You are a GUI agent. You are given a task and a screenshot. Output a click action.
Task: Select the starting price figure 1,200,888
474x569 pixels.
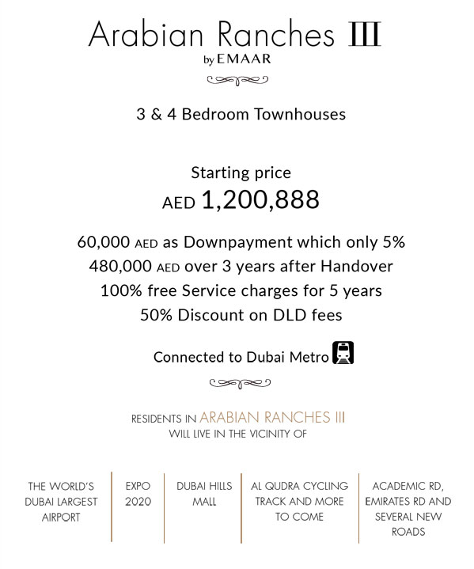pos(260,200)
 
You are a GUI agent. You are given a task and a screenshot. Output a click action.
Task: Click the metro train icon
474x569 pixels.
pos(343,352)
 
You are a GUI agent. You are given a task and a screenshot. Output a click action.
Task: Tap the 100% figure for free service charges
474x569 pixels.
pos(119,291)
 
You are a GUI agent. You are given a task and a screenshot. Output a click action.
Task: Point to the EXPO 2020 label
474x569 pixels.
pos(138,494)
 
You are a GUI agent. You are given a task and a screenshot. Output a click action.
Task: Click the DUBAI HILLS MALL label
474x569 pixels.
pos(203,494)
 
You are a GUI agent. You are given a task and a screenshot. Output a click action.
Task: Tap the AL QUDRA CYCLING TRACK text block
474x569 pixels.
pos(299,501)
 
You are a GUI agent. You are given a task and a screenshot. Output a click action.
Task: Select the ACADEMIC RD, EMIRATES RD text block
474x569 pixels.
pos(408,508)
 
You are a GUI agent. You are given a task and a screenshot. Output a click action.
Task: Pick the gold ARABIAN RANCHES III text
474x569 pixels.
pos(272,417)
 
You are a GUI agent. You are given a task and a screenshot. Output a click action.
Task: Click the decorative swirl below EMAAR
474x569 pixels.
pos(237,79)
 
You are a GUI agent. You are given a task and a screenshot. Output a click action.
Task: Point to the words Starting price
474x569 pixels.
pos(241,173)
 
